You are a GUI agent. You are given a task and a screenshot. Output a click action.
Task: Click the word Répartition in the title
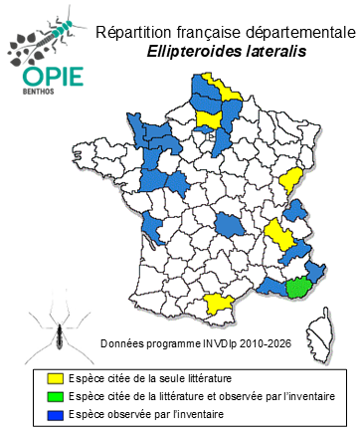pos(129,33)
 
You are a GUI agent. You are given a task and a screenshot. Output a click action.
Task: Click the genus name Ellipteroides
pos(202,53)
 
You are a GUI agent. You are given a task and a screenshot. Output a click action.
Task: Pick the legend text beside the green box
pos(204,395)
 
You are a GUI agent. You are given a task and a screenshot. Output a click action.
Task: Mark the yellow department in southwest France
pos(218,304)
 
